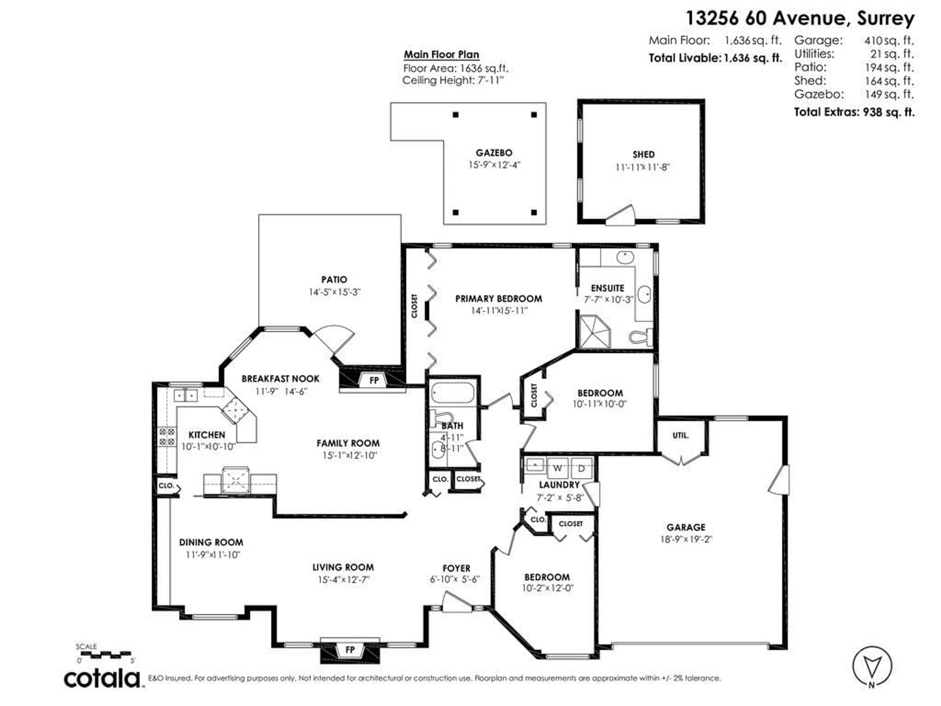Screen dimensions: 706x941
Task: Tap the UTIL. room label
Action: tap(680, 435)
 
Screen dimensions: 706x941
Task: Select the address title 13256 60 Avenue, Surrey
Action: tap(800, 18)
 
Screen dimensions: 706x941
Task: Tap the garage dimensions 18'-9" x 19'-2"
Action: tap(686, 539)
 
